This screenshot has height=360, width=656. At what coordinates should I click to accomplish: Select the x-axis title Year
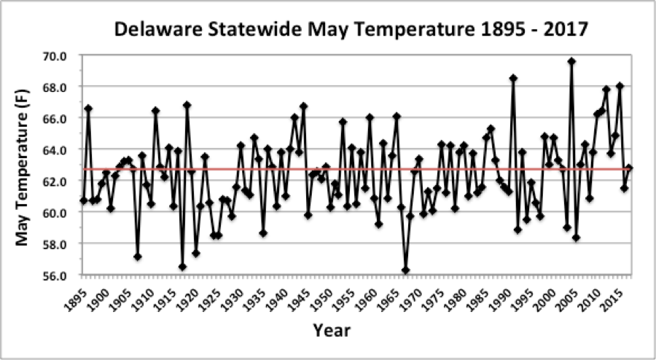click(x=332, y=330)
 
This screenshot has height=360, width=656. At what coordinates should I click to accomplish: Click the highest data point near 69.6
click(x=571, y=61)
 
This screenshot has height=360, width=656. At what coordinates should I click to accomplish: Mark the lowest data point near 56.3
click(x=405, y=270)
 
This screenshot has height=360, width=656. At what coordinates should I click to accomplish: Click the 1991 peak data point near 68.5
click(x=513, y=78)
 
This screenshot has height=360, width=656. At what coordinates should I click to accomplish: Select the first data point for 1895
click(x=84, y=200)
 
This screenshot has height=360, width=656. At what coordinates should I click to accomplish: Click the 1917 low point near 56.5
click(x=182, y=267)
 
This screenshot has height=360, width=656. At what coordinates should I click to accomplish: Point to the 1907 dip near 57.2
click(x=137, y=257)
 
